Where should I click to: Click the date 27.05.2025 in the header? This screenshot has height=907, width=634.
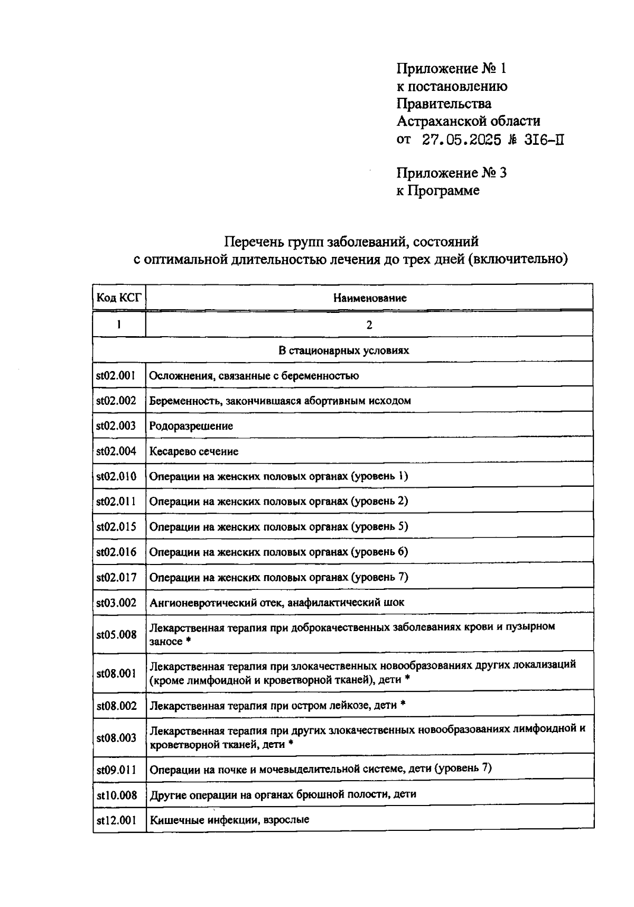click(461, 140)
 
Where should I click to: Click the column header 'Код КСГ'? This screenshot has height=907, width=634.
click(119, 298)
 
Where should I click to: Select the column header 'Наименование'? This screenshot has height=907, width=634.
click(369, 298)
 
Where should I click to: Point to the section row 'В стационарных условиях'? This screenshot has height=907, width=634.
click(343, 350)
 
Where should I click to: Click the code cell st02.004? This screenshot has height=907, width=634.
click(116, 451)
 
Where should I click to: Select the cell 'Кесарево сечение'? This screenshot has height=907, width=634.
click(193, 451)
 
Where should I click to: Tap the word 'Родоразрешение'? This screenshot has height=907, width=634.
click(191, 425)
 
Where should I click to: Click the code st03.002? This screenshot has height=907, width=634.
click(116, 603)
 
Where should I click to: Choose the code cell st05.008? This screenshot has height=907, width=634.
click(116, 634)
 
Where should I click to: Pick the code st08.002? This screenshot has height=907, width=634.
click(116, 706)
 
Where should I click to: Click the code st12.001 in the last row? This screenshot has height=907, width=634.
click(116, 820)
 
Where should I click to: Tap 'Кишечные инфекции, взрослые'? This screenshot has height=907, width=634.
click(229, 820)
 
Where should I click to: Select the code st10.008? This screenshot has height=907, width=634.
click(116, 795)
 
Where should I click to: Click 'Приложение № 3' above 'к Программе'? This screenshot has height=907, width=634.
click(451, 173)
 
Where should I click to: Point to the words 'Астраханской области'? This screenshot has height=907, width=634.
click(468, 121)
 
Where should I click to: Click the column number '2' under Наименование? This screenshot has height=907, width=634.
click(369, 325)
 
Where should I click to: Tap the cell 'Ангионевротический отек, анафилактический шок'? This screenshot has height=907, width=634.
click(277, 603)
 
